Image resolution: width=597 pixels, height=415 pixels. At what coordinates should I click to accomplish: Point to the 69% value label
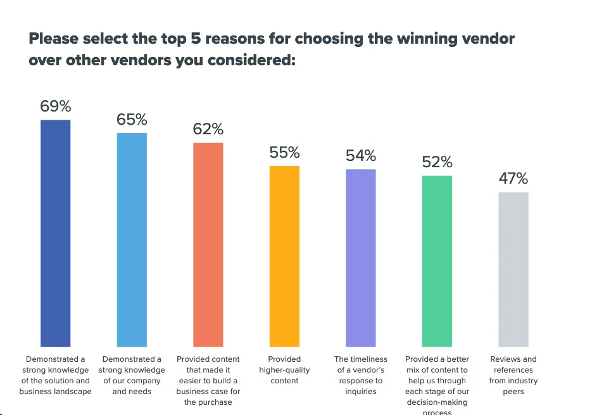[56, 106]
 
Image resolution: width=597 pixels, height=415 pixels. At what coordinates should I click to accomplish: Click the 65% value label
[132, 119]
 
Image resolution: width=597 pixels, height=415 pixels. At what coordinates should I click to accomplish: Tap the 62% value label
[208, 129]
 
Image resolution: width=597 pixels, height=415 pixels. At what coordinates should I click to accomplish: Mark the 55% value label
[284, 152]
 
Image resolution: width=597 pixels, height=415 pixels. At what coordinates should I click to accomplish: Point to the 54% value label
[361, 155]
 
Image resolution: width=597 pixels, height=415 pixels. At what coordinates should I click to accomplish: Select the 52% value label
[437, 162]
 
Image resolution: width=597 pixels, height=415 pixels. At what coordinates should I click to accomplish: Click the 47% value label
[513, 178]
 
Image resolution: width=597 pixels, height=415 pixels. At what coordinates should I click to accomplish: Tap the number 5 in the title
[198, 38]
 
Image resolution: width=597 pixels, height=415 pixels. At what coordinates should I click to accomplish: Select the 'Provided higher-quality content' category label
[284, 370]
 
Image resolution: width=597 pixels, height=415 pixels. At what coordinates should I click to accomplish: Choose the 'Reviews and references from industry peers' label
[513, 375]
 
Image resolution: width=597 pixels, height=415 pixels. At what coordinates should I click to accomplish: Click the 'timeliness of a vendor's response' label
[360, 375]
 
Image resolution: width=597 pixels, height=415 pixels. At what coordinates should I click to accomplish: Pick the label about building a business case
[208, 380]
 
